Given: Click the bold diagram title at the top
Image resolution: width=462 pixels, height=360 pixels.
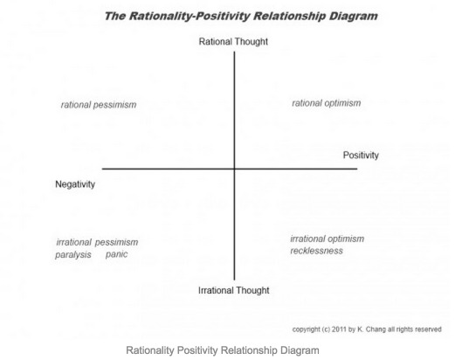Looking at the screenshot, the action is point(241,17).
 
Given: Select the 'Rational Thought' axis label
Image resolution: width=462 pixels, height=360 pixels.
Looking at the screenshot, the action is point(233,42).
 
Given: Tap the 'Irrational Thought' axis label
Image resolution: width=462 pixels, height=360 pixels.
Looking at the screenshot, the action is point(234,290).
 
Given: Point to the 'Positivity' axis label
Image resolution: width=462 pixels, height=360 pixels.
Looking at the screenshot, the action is point(361,156).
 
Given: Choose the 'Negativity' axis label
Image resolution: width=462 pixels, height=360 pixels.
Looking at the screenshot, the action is point(75,184).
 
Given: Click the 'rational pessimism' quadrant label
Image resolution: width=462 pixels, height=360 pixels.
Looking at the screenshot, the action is point(99,105).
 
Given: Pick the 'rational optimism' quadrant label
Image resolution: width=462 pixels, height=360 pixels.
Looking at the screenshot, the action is point(327,103).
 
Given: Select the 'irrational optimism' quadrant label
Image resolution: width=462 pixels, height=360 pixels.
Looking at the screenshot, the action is point(328,239).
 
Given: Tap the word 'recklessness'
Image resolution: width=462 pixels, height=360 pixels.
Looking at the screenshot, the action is point(317,251).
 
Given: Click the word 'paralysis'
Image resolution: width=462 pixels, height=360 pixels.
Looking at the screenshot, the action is point(73,255).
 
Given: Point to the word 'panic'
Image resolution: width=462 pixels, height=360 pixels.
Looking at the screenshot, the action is point(117,254).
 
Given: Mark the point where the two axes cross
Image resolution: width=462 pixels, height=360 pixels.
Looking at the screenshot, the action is point(235,169).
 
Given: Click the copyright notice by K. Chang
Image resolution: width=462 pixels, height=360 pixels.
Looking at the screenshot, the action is point(367,329).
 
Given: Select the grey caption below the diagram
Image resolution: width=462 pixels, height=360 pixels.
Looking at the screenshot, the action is point(223,350).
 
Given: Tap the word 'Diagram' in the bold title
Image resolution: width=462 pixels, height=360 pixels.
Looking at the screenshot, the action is point(354,17).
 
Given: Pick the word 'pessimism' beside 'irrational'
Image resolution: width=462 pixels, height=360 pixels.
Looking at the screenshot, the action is point(117,243).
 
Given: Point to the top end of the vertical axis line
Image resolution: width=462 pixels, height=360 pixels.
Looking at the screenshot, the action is point(235,52).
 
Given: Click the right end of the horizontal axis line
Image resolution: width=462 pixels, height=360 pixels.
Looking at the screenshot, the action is point(357,169).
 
